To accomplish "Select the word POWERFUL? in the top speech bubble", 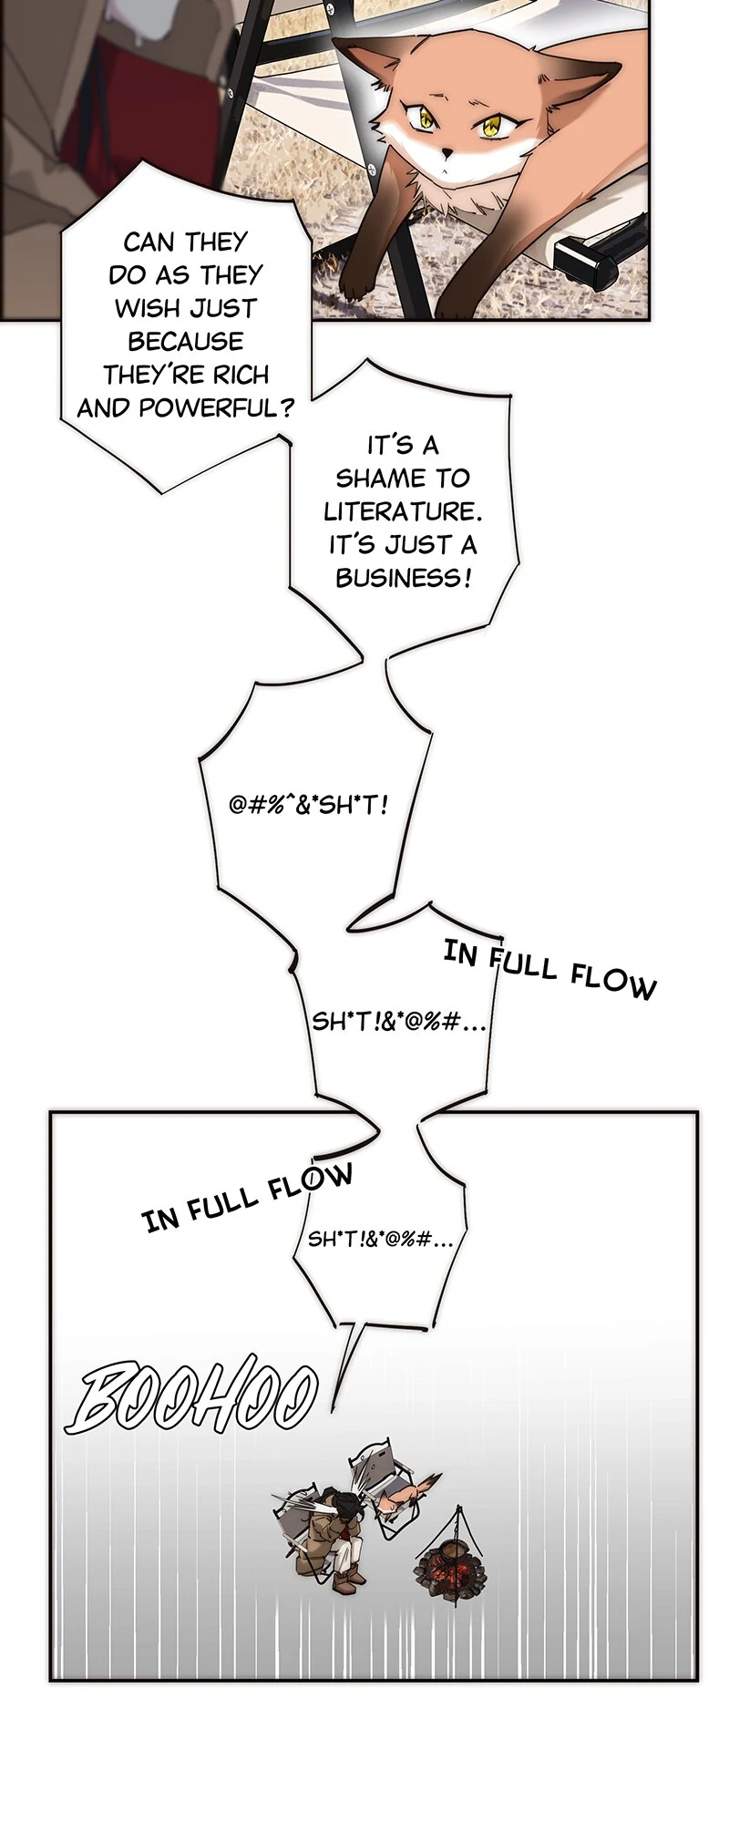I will [x=218, y=407].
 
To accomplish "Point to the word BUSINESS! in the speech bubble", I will [x=404, y=578].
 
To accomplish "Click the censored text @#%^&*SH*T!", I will [x=309, y=806].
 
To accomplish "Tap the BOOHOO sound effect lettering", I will [x=196, y=1397].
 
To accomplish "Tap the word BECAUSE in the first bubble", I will [x=186, y=342].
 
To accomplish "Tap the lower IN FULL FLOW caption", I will [x=247, y=1195].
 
